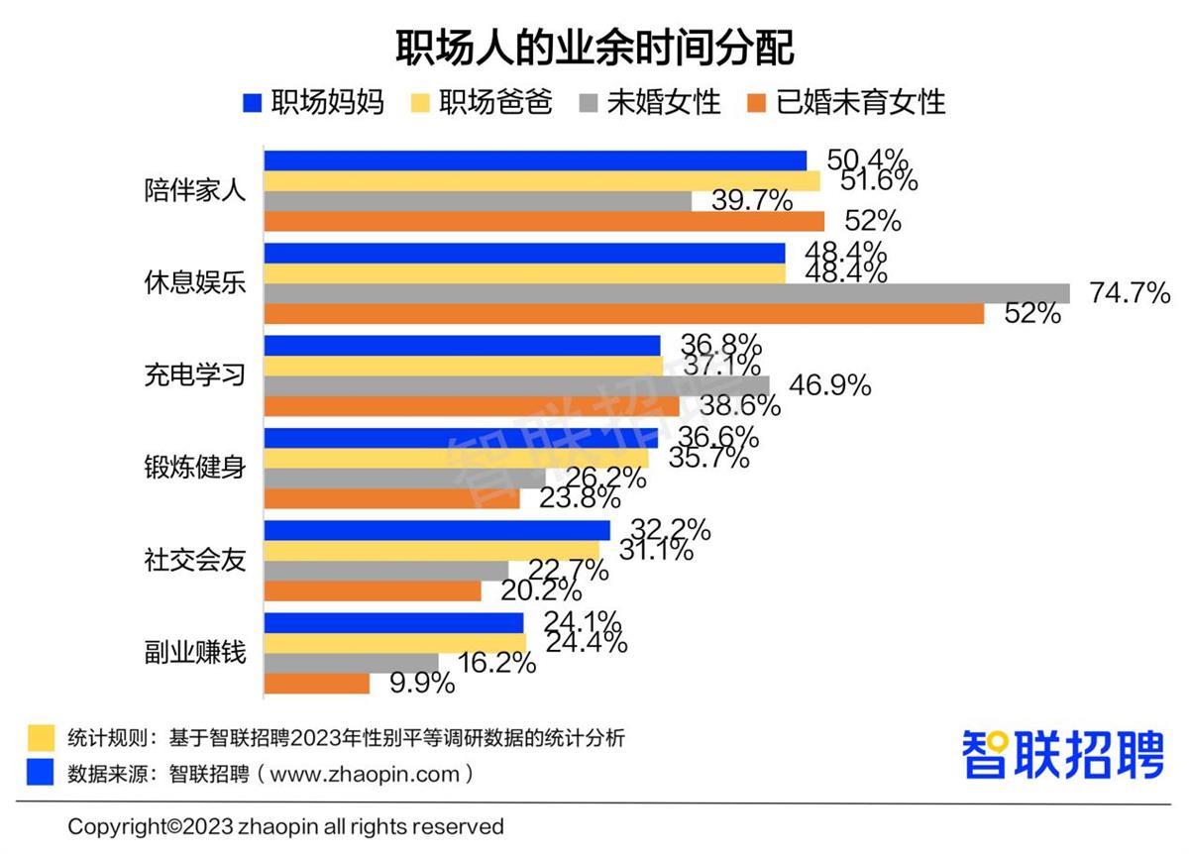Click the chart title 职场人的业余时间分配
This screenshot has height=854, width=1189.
(594, 47)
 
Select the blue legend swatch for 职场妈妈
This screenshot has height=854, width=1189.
(252, 102)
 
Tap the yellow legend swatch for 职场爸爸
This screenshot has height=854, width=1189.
(420, 102)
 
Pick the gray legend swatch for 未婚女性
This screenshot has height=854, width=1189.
(589, 102)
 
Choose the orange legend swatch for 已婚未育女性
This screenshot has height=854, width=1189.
(757, 102)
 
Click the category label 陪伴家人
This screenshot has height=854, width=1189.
(194, 191)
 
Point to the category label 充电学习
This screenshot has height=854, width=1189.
(194, 376)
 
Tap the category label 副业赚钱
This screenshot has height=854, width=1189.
(194, 654)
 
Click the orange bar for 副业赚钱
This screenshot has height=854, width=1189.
(316, 684)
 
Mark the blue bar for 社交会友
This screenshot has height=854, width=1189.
(437, 530)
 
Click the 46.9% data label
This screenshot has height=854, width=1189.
(830, 385)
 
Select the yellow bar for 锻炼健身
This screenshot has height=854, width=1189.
(456, 459)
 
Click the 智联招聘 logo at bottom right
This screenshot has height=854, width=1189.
(1062, 756)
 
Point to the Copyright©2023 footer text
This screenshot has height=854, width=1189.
(285, 826)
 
